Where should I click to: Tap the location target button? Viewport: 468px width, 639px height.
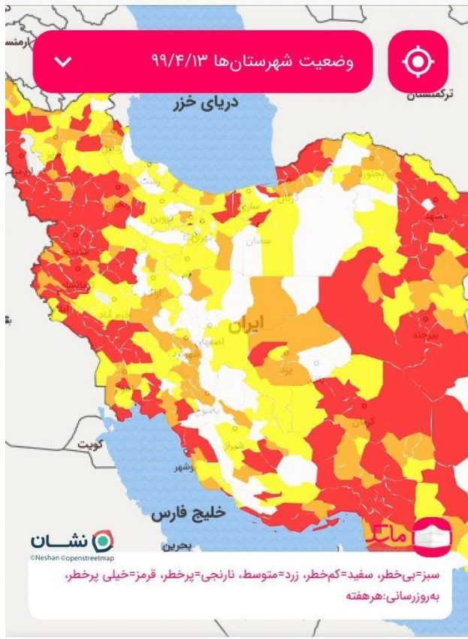tap(418, 61)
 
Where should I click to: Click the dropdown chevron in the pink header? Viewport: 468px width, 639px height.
tap(64, 61)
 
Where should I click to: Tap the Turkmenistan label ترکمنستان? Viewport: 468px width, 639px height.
tap(436, 95)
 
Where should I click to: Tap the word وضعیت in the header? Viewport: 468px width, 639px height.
tap(328, 61)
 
